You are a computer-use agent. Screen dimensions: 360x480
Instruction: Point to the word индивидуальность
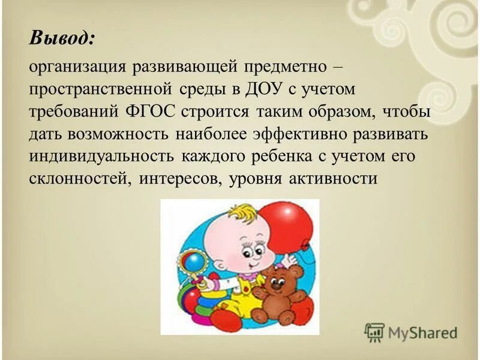[x=100, y=157]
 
